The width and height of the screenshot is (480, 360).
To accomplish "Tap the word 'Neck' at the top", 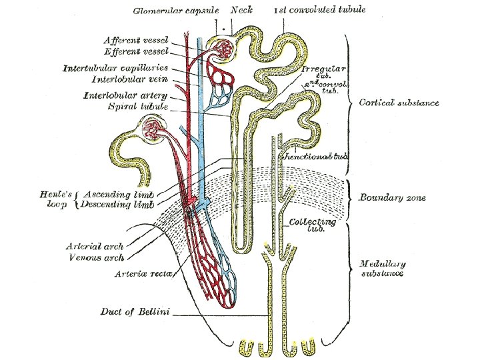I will click(x=241, y=11).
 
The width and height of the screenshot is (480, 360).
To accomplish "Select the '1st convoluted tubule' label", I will click(x=320, y=11).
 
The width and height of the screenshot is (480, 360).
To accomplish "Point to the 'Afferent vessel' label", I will click(x=137, y=40).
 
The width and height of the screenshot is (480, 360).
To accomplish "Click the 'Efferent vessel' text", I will click(x=137, y=51).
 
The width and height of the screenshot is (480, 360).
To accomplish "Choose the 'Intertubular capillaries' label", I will click(x=115, y=68).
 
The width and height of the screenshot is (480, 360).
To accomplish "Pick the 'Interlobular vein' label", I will click(x=129, y=81).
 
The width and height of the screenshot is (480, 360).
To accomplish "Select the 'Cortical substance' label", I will click(x=399, y=103).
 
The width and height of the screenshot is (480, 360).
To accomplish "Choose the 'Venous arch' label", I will click(x=95, y=257).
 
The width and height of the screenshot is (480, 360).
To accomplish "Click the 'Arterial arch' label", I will click(x=94, y=246).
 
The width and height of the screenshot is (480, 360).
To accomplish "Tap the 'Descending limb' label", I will click(x=117, y=205).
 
